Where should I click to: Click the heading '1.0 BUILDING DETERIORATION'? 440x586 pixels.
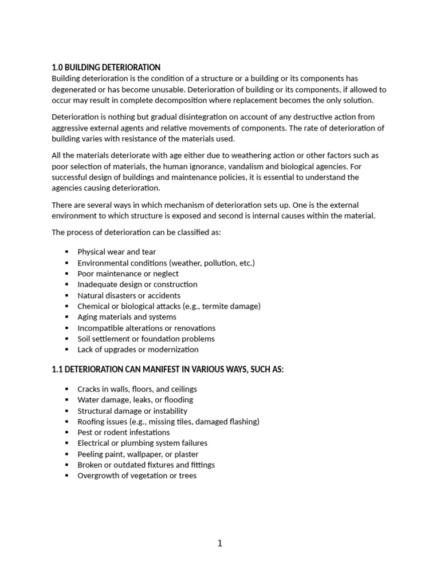click(106, 68)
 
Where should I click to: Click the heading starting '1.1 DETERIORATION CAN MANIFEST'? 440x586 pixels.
click(167, 370)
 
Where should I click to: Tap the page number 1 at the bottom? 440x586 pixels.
click(220, 544)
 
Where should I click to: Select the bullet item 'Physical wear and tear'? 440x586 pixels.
click(116, 252)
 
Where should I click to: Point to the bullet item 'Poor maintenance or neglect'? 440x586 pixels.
click(128, 274)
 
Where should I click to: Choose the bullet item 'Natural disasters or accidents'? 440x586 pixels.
click(129, 295)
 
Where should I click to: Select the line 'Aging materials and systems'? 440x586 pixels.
click(127, 317)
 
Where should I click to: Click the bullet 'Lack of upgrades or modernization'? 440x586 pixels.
click(138, 350)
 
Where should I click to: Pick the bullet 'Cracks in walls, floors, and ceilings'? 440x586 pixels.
click(137, 389)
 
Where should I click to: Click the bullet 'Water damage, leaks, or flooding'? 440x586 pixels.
click(135, 400)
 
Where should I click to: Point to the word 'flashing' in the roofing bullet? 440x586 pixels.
click(242, 422)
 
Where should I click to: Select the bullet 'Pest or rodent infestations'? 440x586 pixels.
click(124, 433)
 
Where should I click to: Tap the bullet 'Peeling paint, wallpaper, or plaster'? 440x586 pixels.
click(138, 454)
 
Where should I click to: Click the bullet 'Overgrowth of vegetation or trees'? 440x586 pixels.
click(137, 476)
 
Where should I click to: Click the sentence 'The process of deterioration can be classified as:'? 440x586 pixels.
click(136, 232)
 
